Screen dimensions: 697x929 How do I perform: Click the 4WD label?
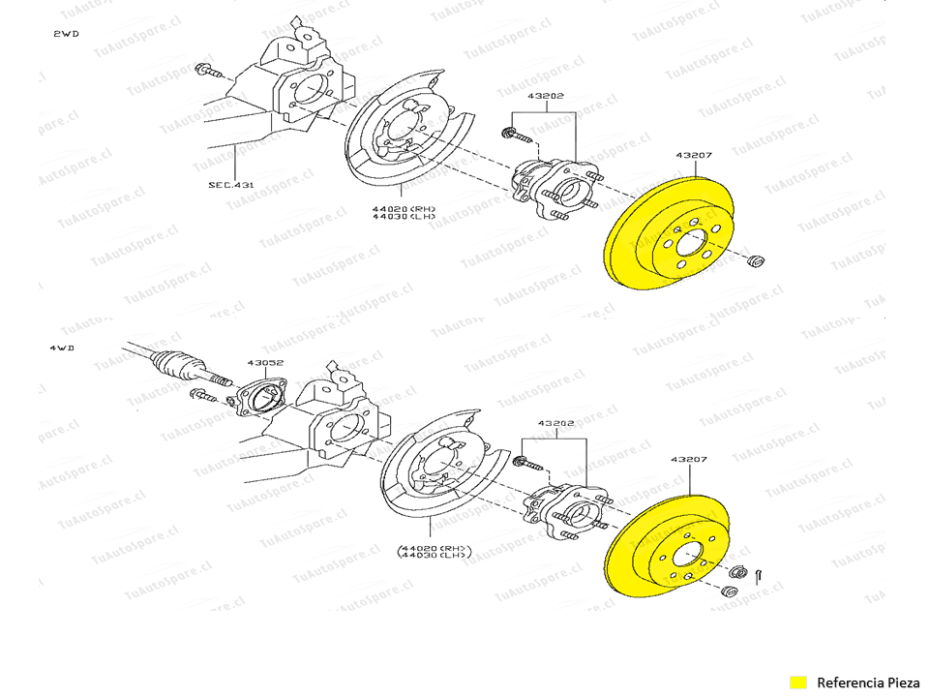point(61,347)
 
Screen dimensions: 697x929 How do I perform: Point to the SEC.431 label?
point(231,183)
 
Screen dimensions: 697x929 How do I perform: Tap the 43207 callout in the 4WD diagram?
point(688,460)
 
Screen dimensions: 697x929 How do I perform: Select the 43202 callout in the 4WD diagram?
point(557,424)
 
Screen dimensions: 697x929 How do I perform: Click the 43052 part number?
point(264,363)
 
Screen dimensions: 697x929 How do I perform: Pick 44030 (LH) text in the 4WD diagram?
point(433,555)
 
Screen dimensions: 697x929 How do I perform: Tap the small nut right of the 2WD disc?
point(758,259)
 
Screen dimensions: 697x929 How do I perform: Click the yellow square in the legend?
point(798,682)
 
